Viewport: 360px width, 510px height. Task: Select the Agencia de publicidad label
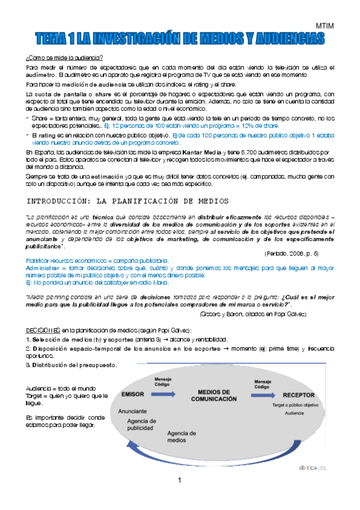(145, 425)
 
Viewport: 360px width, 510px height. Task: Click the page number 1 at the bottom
(179, 479)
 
